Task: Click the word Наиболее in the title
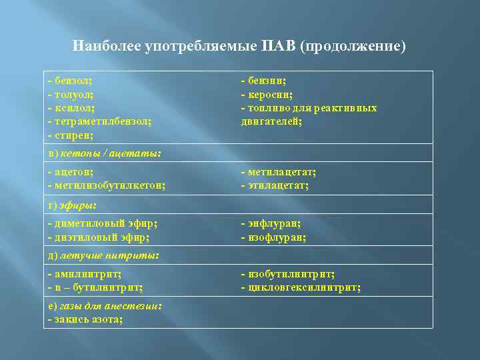tap(106, 47)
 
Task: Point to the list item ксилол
tap(71, 108)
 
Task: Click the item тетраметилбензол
tap(100, 121)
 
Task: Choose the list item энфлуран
tap(271, 223)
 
